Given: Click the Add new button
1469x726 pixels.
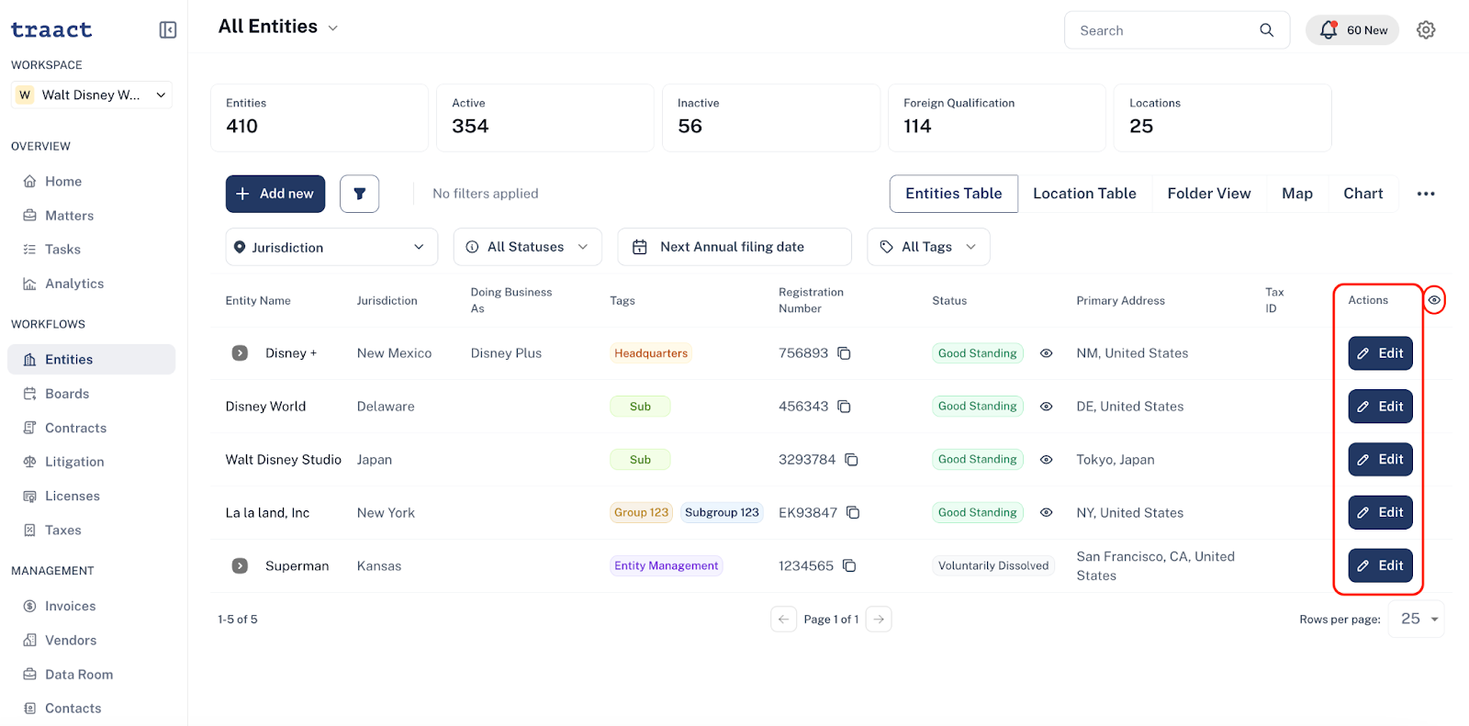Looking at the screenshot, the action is (275, 194).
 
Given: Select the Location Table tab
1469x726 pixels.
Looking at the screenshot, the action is (1084, 194).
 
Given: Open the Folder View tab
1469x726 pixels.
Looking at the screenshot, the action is (1208, 194).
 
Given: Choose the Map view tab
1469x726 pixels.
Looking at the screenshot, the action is (1297, 194).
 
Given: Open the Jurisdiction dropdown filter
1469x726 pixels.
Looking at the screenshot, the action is (331, 247).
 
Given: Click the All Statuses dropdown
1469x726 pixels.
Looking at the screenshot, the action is (527, 247).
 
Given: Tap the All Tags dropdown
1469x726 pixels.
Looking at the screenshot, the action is (928, 247).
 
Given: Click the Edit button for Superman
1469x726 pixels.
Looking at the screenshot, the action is (1380, 565).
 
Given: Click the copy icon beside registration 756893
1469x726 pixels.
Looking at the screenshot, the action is (844, 353).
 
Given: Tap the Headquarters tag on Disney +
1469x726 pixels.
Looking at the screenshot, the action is (651, 353).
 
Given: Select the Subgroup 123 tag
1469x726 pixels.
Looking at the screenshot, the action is (722, 513).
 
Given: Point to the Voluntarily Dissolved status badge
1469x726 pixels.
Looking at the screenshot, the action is (992, 566).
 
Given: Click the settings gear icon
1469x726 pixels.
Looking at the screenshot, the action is (1426, 30).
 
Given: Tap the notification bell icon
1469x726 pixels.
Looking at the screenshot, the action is (1328, 30).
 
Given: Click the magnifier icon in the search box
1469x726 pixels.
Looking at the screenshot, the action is (1266, 30).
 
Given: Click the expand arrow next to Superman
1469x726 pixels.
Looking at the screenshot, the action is (240, 566).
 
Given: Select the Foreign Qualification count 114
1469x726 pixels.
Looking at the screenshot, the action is (917, 126).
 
